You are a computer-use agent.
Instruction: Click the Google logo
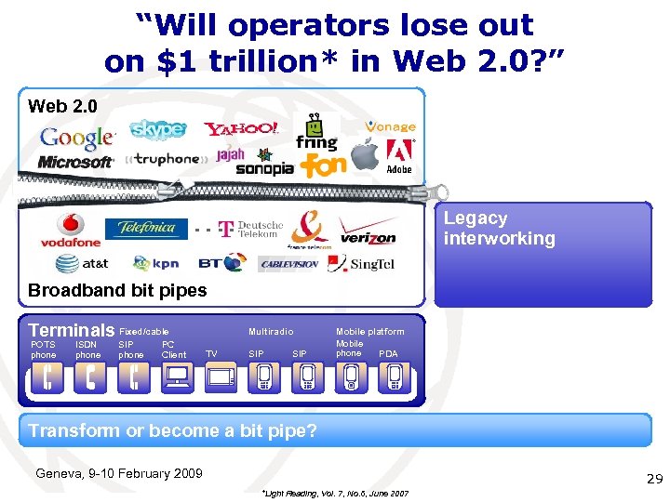pos(76,138)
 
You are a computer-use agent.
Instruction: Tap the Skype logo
pos(157,130)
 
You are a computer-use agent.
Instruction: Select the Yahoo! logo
pos(241,129)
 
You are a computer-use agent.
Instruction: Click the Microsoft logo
pos(74,162)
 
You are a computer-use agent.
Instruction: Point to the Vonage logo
pos(390,126)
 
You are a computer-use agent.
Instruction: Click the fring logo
pos(316,134)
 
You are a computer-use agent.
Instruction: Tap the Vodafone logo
pos(70,231)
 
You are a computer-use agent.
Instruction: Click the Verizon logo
pos(367,231)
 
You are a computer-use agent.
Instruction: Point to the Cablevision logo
pos(288,264)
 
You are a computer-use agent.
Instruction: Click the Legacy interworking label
pos(499,229)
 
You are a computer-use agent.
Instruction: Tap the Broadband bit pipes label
pos(117,290)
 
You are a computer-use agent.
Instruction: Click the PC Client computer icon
pos(177,376)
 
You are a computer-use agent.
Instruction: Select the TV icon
pos(221,376)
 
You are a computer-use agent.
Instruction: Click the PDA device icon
pos(395,376)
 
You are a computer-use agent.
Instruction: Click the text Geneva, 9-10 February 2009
pos(118,473)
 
